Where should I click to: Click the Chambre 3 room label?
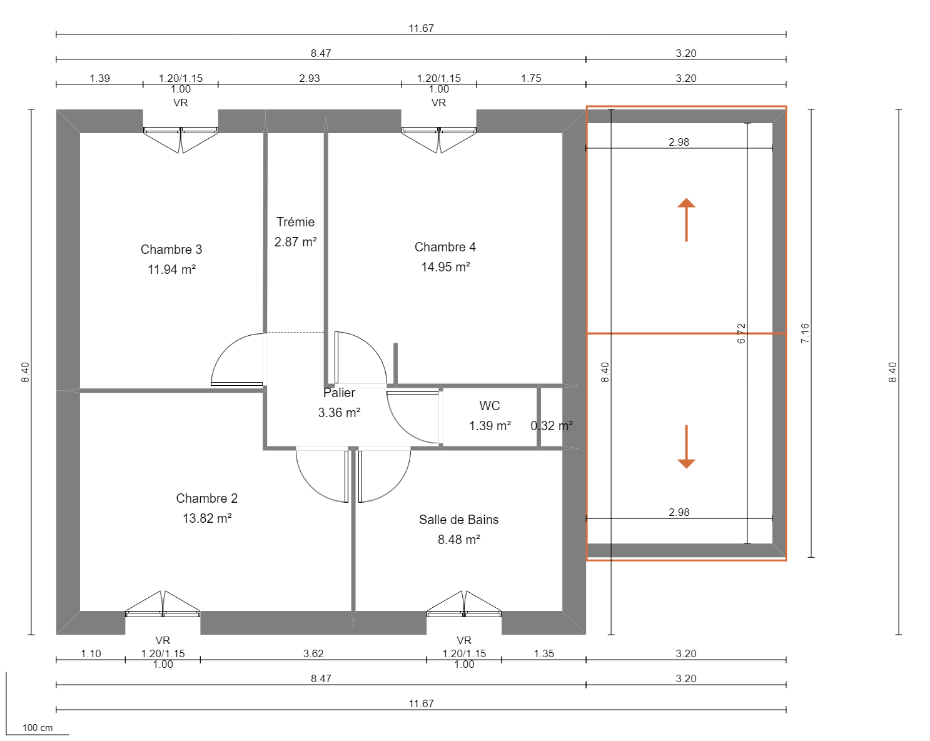point(171,250)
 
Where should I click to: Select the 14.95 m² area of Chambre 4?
point(445,267)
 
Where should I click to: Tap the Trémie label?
point(295,222)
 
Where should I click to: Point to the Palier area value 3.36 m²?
point(339,413)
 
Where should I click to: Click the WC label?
point(490,406)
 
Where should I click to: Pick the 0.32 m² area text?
point(552,426)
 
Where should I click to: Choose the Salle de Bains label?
point(458,520)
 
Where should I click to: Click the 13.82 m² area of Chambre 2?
point(207,518)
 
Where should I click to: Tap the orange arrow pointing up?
point(686,219)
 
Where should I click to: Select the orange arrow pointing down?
point(686,447)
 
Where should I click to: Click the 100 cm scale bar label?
point(38,728)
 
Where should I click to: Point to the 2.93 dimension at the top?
point(310,78)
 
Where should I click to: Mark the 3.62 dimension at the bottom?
point(313,653)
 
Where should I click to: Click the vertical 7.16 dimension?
point(805,333)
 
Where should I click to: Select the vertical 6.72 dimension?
point(741,333)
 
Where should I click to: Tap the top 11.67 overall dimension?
point(421,28)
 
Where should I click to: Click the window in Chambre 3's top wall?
point(181,130)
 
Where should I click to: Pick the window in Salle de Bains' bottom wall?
point(464,613)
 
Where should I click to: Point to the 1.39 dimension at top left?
point(99,78)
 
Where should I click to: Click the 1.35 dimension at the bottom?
point(543,653)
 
